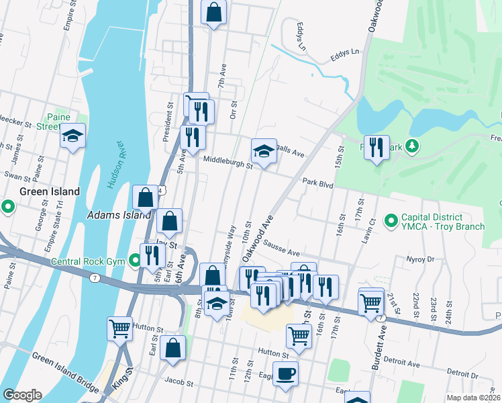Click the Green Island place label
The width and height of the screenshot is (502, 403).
pos(49,191)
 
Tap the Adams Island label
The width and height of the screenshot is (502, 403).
pos(119,216)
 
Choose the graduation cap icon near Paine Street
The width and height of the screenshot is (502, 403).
pos(72,136)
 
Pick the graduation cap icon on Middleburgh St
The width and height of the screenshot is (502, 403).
pos(264,151)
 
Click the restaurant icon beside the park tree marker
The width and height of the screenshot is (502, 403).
pos(376,147)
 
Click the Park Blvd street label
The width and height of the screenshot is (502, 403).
pos(317,181)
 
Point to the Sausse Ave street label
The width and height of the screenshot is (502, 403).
pos(281,248)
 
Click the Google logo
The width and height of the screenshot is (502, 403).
pos(22,395)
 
